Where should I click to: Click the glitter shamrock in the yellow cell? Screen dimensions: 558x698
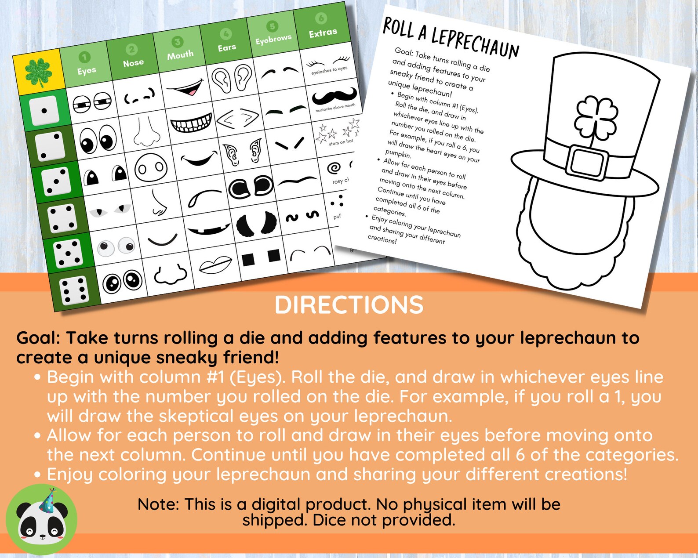tap(39, 72)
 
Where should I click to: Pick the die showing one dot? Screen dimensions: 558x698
tap(44, 110)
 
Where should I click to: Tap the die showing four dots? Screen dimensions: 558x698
tap(62, 218)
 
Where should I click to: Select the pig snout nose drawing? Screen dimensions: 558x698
tap(151, 167)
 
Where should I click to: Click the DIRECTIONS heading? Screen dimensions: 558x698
tap(349, 304)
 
